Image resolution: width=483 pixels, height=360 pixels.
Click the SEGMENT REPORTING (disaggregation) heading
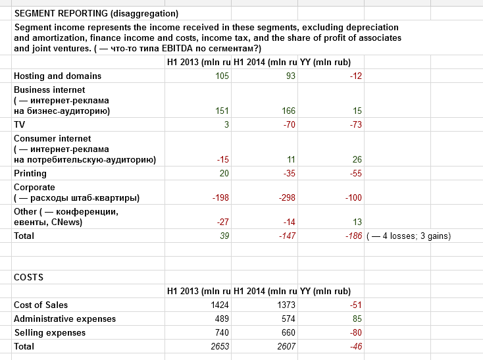coord(96,13)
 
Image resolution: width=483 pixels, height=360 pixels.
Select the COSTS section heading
coord(29,277)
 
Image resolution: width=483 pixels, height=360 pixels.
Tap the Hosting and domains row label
coord(57,76)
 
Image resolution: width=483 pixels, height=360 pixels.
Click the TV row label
coord(19,124)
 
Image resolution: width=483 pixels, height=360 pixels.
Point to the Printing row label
coord(30,173)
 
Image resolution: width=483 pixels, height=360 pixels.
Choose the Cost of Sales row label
coord(41,305)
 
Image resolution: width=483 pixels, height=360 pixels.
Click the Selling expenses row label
coord(49,332)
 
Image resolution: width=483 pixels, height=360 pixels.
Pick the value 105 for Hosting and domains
coord(222,76)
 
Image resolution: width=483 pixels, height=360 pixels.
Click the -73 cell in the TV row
coord(355,124)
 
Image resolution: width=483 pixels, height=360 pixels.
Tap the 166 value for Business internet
coord(288,111)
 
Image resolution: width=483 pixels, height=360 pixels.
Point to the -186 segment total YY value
coord(354,236)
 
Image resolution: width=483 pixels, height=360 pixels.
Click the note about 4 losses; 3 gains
coord(408,236)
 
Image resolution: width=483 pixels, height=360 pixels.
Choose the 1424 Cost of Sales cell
coord(220,305)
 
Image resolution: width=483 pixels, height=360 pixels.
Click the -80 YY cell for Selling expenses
coord(355,332)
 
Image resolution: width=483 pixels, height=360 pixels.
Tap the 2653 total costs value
coord(220,346)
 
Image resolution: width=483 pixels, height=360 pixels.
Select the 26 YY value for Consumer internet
coord(357,159)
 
